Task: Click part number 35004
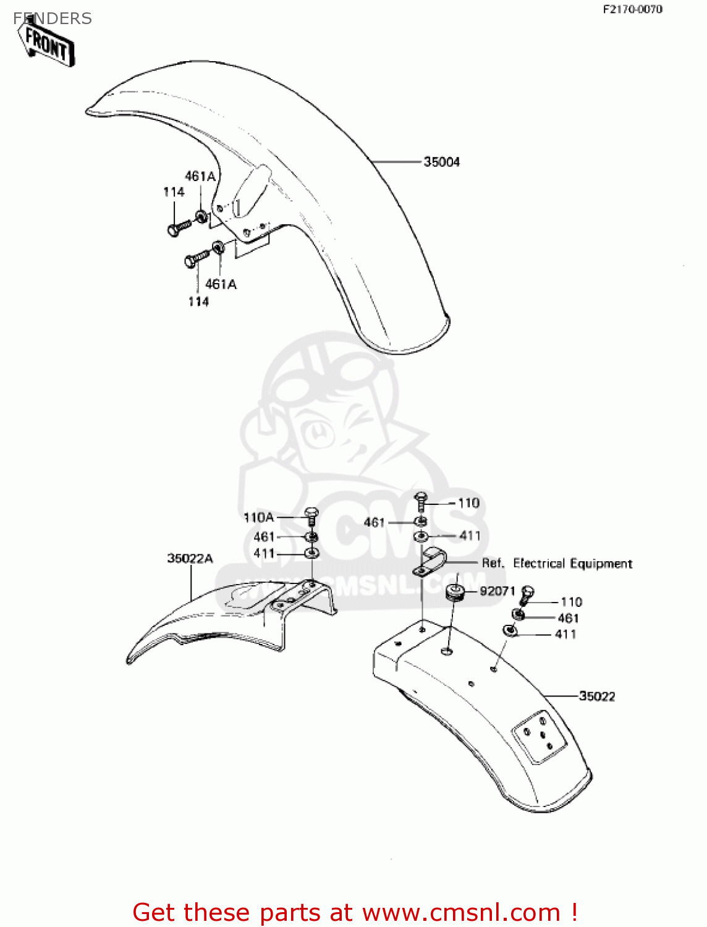click(x=441, y=162)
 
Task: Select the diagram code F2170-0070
click(x=633, y=9)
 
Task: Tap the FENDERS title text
click(x=53, y=19)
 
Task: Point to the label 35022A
click(x=190, y=559)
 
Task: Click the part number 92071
click(x=497, y=591)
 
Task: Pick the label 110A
click(x=258, y=517)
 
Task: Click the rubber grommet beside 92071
click(x=456, y=592)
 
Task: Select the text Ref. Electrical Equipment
click(x=557, y=564)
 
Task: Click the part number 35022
click(x=597, y=696)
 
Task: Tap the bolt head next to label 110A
click(x=312, y=514)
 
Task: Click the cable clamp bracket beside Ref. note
click(x=430, y=561)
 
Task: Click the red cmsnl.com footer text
click(x=355, y=912)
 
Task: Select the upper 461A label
click(x=200, y=177)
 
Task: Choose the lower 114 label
click(x=198, y=302)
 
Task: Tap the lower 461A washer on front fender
click(x=218, y=248)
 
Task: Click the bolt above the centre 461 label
click(x=420, y=498)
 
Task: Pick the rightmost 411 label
click(x=565, y=634)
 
